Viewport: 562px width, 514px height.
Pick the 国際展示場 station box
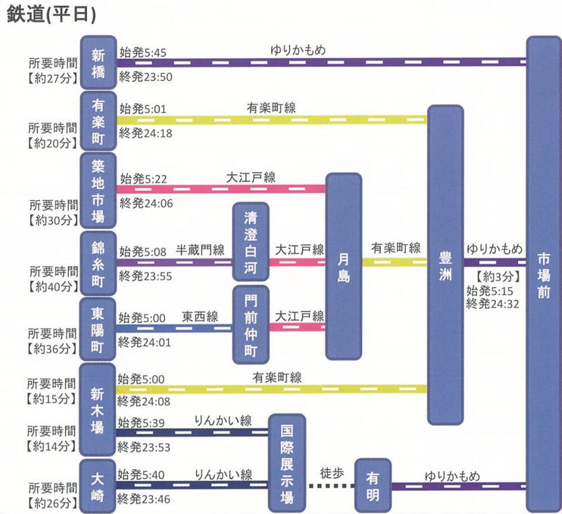(x=287, y=461)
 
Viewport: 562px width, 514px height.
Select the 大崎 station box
(x=98, y=485)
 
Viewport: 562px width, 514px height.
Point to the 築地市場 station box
(x=98, y=190)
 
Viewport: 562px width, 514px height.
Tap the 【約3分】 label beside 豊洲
(x=497, y=275)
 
